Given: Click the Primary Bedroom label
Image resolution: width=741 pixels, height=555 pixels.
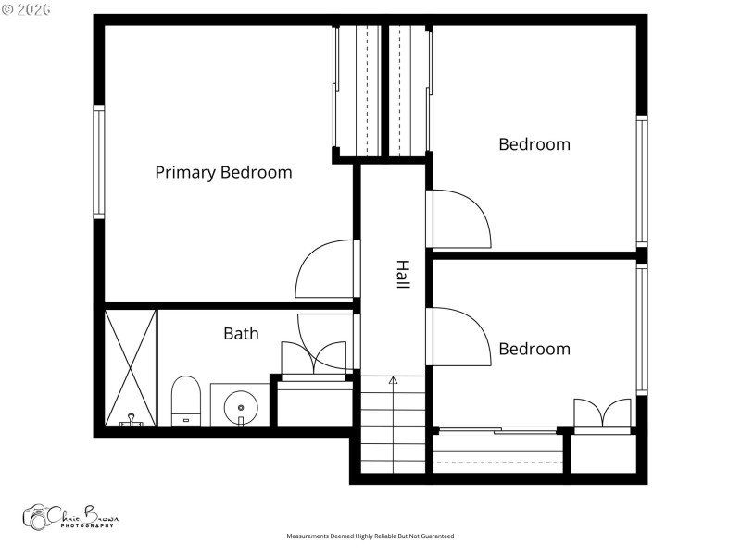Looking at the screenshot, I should [223, 172].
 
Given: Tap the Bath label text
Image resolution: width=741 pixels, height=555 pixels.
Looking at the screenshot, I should [241, 333].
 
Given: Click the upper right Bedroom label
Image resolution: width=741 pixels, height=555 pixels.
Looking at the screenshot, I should [534, 144].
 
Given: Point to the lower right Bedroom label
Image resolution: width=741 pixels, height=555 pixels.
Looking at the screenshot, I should [534, 349].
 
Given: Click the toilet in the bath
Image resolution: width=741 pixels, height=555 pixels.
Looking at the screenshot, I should [186, 401].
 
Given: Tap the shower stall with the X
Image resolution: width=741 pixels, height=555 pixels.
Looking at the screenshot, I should [131, 366].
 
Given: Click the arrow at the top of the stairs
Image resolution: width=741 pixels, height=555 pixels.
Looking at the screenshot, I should [393, 380].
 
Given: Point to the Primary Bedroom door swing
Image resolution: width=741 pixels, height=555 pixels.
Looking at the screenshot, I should [324, 270].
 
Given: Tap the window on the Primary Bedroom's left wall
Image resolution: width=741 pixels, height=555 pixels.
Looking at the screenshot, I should [98, 162].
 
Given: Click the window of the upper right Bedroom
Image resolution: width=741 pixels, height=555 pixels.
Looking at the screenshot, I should [641, 180].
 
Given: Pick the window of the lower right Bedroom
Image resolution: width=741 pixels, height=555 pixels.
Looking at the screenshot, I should [641, 328].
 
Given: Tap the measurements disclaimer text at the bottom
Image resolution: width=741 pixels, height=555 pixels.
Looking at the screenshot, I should [370, 536].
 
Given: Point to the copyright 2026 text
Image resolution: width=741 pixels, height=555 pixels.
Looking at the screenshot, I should [27, 8].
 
